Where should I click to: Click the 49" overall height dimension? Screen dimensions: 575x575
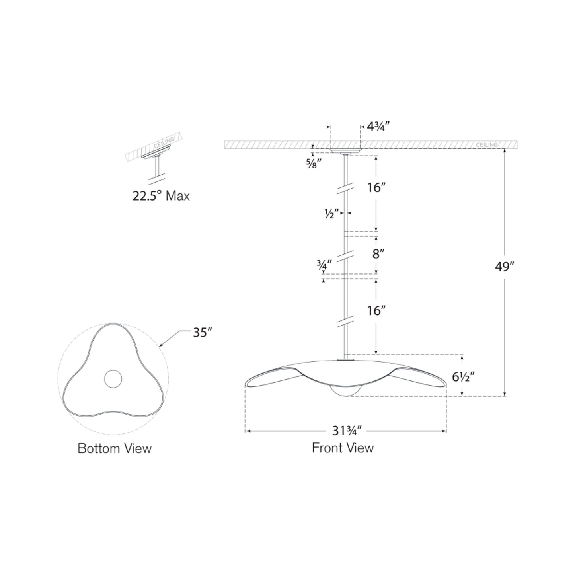pos(505,267)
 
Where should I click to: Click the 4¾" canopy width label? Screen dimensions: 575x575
pos(378,127)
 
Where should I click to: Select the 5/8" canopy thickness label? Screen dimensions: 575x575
pos(312,163)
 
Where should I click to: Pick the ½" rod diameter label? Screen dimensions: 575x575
pos(331,214)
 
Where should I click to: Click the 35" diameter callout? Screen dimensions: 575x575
pos(201,332)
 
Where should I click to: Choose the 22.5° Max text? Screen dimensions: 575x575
pos(161,196)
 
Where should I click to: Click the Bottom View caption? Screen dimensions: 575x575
pos(115,448)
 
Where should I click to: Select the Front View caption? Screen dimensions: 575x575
pos(343,448)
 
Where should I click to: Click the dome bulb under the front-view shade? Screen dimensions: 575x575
pos(345,391)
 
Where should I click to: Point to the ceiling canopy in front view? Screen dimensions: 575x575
pos(346,151)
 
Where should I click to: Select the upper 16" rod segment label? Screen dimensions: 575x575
pos(376,187)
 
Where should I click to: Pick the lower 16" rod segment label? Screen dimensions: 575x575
pos(376,310)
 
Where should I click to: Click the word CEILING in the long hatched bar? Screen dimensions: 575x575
pos(487,145)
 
